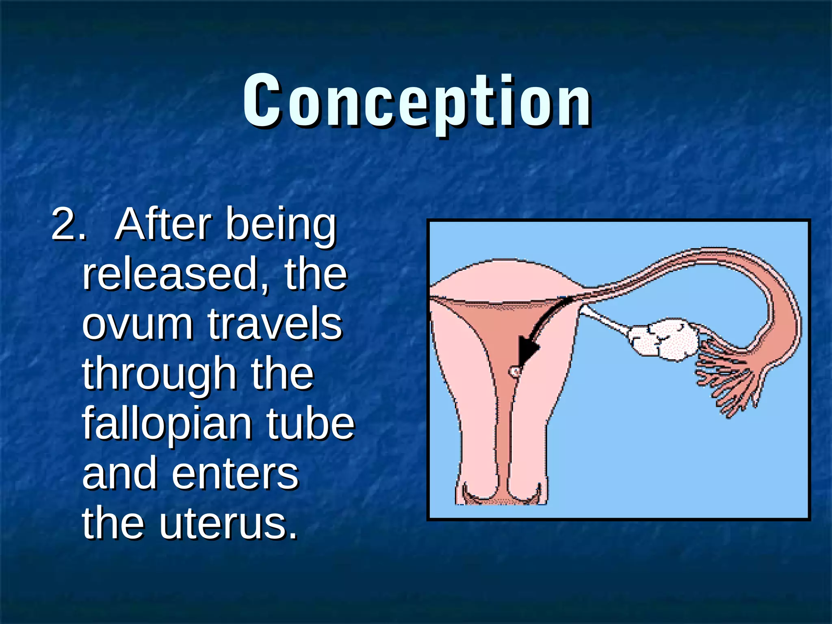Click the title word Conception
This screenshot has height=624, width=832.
[417, 102]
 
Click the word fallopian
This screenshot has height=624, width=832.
[167, 425]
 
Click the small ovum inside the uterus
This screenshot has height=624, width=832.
[515, 371]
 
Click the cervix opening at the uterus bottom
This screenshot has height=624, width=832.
[502, 498]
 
